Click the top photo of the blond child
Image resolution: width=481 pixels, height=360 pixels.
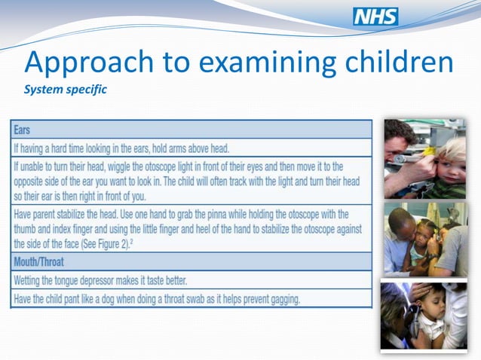pyautogui.click(x=425, y=158)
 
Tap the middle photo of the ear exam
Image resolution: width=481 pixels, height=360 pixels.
pyautogui.click(x=425, y=239)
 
